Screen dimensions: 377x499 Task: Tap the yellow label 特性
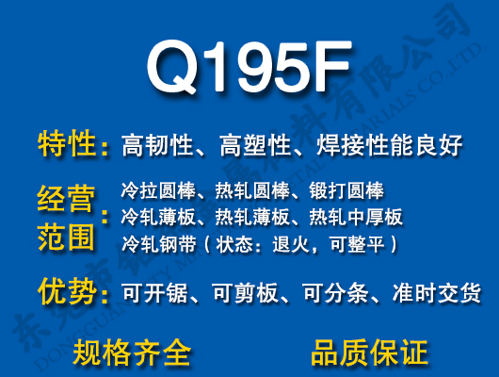click(x=67, y=145)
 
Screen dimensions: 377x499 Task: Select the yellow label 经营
click(x=67, y=200)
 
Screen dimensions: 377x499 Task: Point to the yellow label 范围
click(x=67, y=236)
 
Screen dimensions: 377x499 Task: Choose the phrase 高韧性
click(x=157, y=146)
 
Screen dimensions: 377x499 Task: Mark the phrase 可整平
click(x=361, y=244)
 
